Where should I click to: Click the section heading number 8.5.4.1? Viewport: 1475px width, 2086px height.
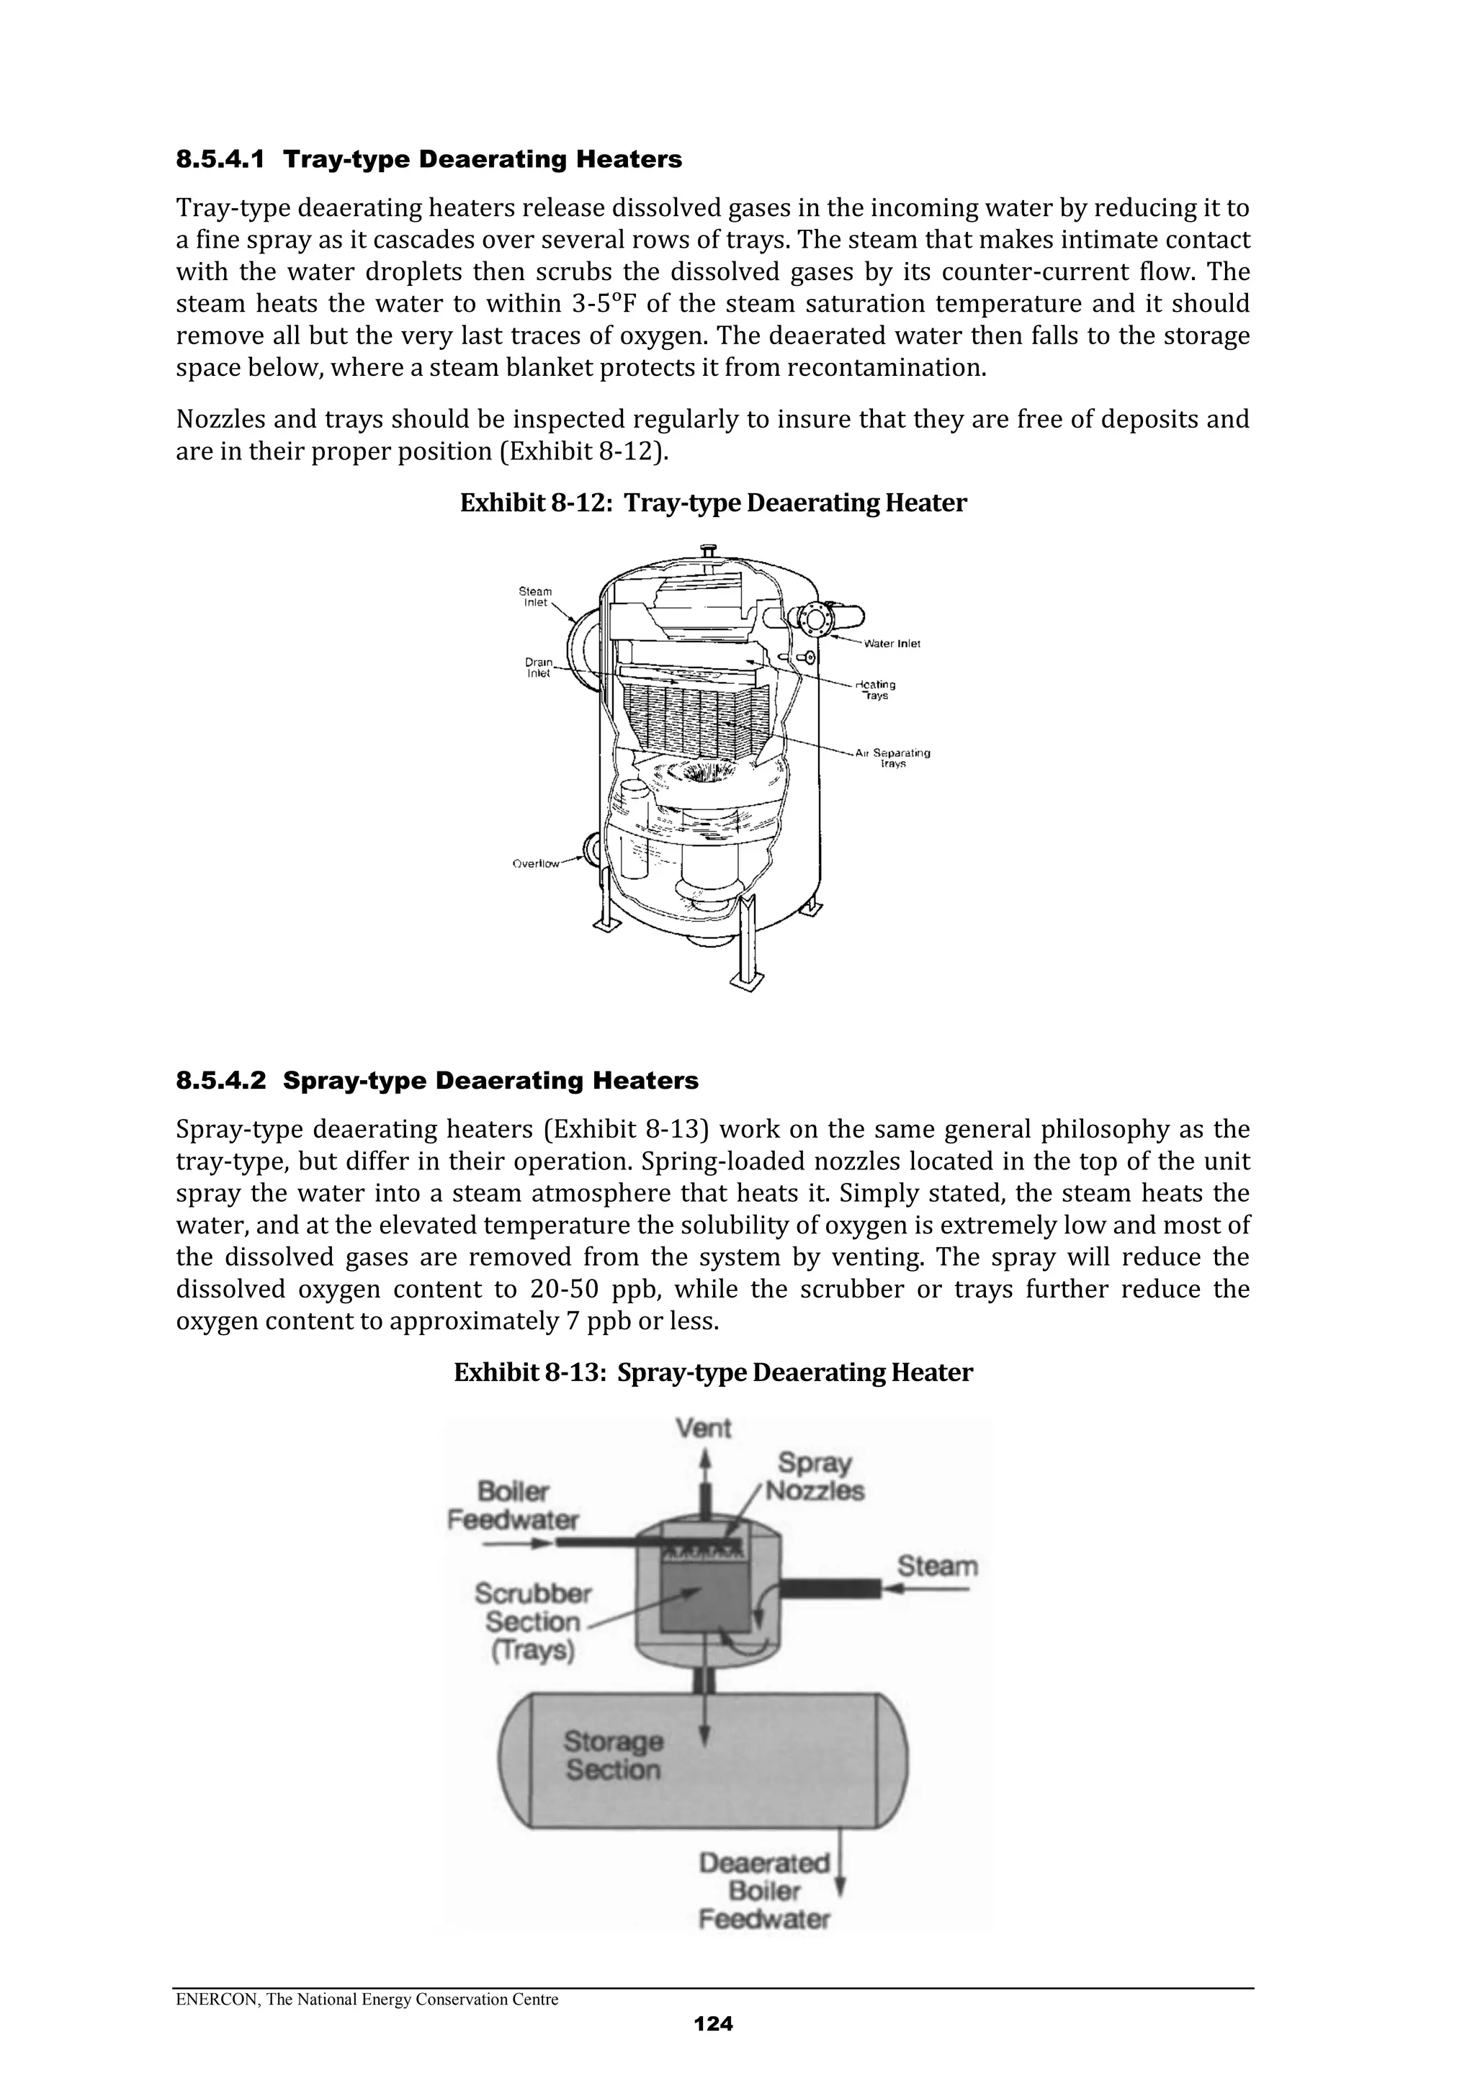220,160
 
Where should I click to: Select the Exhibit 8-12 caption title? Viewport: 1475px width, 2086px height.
714,503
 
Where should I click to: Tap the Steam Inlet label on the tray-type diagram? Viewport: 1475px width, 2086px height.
535,597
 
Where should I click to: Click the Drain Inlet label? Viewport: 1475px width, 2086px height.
539,669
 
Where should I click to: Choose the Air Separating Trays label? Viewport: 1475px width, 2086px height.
892,757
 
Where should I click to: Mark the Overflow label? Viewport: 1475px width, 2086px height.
535,864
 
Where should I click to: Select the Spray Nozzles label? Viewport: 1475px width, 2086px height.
815,1478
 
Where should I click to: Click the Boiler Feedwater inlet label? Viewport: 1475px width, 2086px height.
514,1506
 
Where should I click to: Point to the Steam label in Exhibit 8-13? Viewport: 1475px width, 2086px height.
937,1566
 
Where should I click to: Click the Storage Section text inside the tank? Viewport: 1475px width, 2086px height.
614,1755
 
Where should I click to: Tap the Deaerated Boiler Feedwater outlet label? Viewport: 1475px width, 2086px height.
764,1891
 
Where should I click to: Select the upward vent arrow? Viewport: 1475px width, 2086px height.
704,1462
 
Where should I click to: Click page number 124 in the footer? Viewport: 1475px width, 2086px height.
714,2023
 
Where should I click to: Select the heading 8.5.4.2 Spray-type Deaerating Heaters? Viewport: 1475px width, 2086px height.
437,1081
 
